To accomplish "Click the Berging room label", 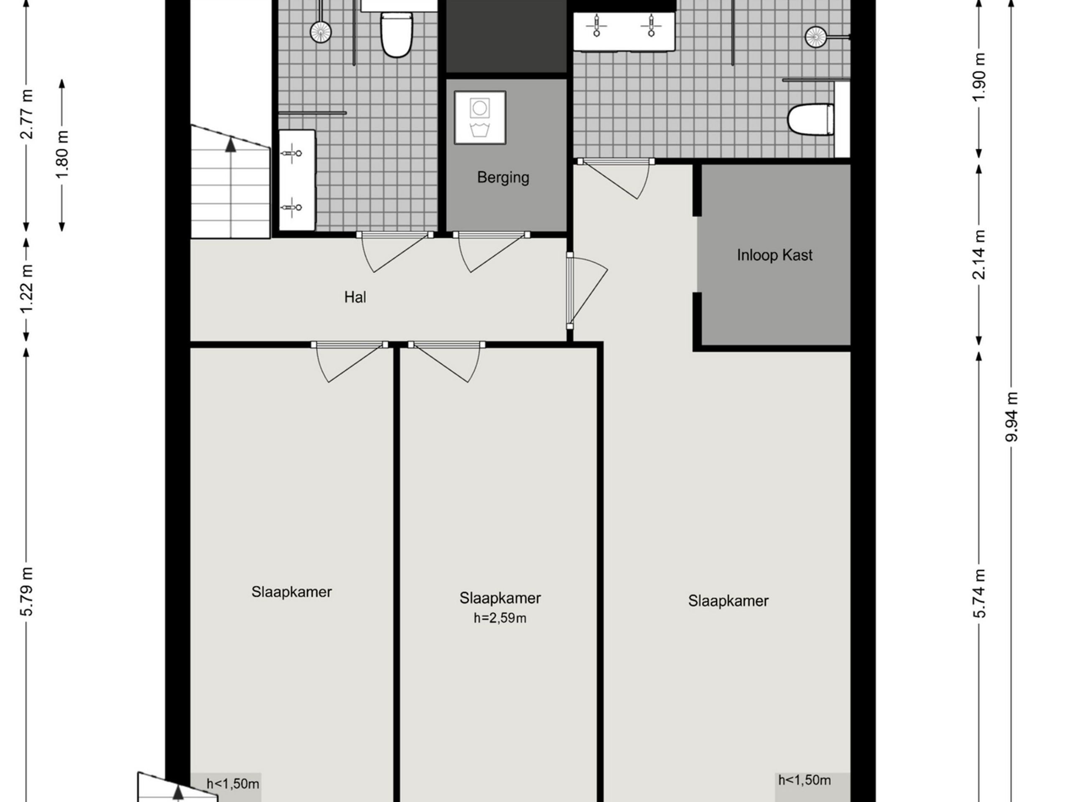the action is pyautogui.click(x=503, y=178).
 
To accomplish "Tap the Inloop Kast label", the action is pyautogui.click(x=774, y=255).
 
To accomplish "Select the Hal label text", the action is pyautogui.click(x=355, y=297).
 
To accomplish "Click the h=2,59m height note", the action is pyautogui.click(x=500, y=618).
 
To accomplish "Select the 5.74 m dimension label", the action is pyautogui.click(x=978, y=593).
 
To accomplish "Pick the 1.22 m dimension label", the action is pyautogui.click(x=27, y=288).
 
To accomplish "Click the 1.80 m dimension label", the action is pyautogui.click(x=62, y=154).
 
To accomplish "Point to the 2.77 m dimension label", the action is pyautogui.click(x=27, y=114).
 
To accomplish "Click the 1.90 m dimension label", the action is pyautogui.click(x=978, y=77).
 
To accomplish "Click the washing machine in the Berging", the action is pyautogui.click(x=480, y=117).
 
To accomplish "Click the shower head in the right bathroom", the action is pyautogui.click(x=815, y=37).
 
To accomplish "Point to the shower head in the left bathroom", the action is pyautogui.click(x=321, y=31).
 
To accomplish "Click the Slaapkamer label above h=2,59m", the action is pyautogui.click(x=500, y=598).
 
